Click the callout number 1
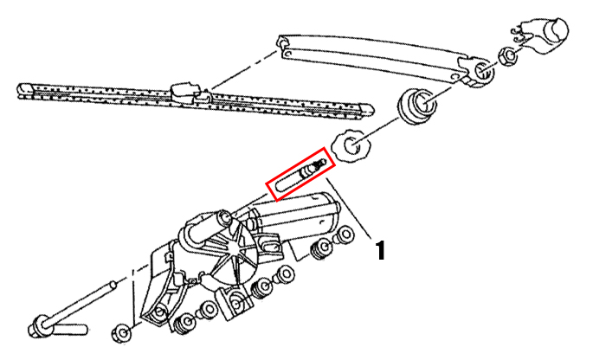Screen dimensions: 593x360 (380, 249)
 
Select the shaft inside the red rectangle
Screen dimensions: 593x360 (300, 174)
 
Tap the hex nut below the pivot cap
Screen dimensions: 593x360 (509, 56)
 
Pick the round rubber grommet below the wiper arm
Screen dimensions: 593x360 (416, 106)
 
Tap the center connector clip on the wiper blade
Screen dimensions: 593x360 (186, 93)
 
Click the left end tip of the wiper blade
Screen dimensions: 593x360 (19, 91)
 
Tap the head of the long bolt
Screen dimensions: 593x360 (39, 325)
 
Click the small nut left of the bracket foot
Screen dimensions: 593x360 (122, 333)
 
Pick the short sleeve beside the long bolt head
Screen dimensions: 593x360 (71, 329)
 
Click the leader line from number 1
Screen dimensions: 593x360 (351, 208)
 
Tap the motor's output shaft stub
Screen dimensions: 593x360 (224, 219)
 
